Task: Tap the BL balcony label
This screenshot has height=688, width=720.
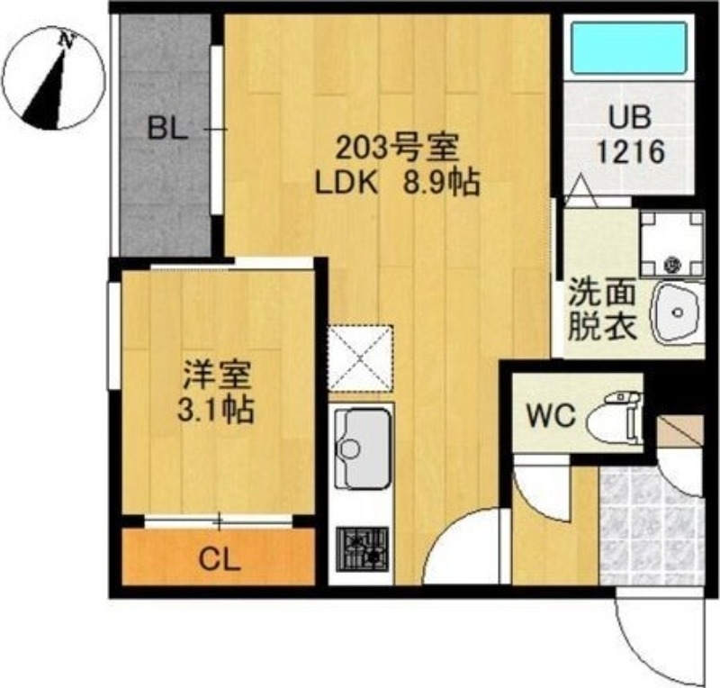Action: click(168, 130)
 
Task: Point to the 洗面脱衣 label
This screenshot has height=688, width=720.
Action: click(602, 311)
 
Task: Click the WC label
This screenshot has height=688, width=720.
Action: click(551, 417)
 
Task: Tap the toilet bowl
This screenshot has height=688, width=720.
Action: click(616, 418)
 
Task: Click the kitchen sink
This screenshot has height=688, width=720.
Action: click(361, 447)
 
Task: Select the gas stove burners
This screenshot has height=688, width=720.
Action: click(362, 548)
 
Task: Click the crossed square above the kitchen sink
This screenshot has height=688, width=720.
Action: click(361, 358)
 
